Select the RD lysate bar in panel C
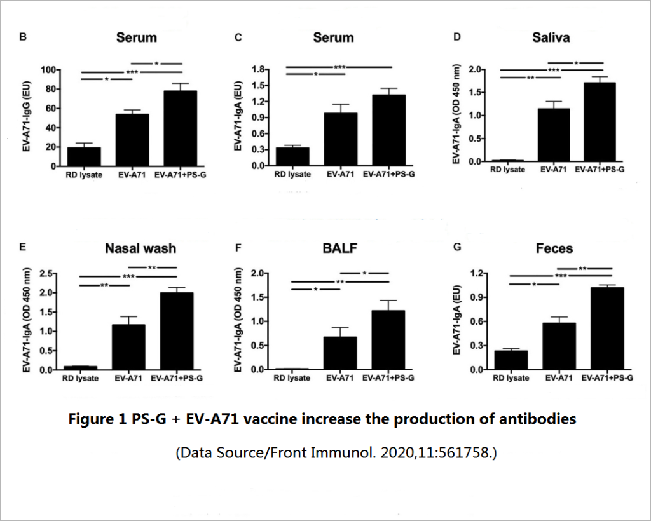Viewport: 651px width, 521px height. [292, 156]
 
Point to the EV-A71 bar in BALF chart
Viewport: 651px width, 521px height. [339, 353]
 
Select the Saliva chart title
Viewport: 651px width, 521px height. [551, 37]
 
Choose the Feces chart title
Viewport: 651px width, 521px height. [554, 248]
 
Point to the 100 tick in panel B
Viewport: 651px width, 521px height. [48, 70]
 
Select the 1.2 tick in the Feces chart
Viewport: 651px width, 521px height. [476, 274]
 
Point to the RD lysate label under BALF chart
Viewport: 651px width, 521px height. [292, 378]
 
